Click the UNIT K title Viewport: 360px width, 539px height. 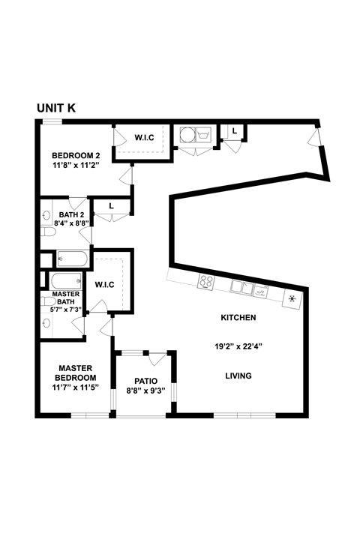(56, 108)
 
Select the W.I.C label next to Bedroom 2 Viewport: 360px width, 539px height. (144, 137)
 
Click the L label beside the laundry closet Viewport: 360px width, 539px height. (235, 131)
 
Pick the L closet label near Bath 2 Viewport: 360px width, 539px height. (110, 205)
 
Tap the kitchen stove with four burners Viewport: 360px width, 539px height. (206, 283)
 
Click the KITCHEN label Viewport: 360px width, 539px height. (238, 318)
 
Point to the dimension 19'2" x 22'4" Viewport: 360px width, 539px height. (238, 346)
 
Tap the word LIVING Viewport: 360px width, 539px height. (238, 376)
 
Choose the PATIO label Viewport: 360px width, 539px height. (145, 380)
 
